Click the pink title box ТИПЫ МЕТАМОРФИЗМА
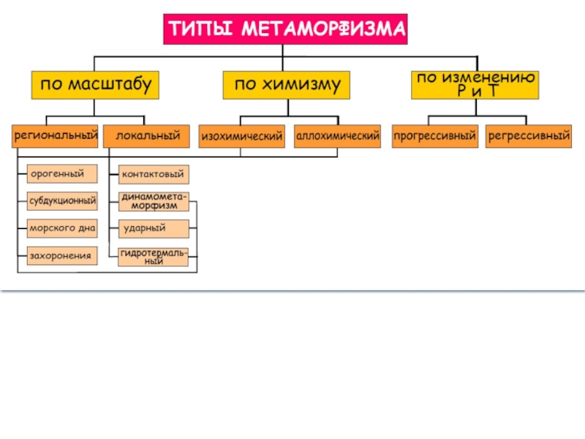(285, 29)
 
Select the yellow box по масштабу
(95, 85)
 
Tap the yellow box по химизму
(287, 85)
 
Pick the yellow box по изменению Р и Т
(475, 85)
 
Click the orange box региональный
(55, 136)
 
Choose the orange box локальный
(146, 136)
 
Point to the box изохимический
(242, 136)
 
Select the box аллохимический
(337, 136)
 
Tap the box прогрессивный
(435, 136)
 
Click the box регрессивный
(529, 136)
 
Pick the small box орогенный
(62, 174)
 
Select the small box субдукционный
(62, 201)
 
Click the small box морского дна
(62, 228)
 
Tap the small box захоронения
(62, 255)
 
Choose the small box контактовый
(154, 174)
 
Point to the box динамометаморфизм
(154, 202)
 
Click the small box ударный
(154, 229)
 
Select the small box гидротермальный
(154, 257)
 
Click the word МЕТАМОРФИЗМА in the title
(323, 29)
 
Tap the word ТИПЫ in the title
(200, 29)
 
